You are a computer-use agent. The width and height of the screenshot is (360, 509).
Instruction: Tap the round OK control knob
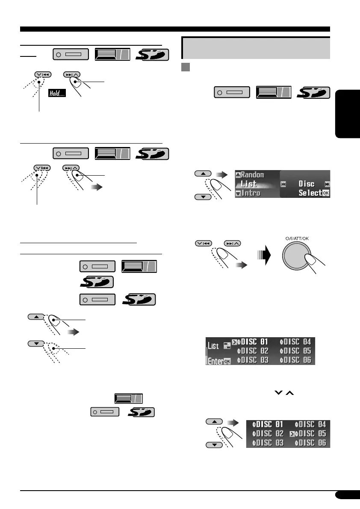tap(298, 259)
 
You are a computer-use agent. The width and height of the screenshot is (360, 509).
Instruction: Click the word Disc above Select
tap(306, 184)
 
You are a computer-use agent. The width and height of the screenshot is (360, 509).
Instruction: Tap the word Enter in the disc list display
tap(215, 361)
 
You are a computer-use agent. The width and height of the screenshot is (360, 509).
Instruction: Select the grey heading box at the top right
tap(256, 47)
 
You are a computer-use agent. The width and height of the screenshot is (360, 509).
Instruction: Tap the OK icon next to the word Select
tap(326, 193)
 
